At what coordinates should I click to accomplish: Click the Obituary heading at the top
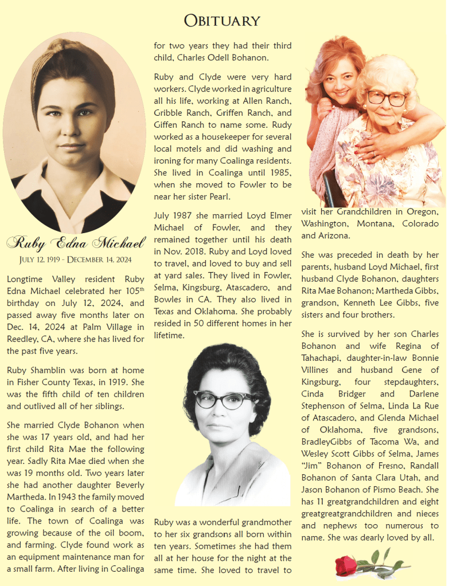pyautogui.click(x=222, y=21)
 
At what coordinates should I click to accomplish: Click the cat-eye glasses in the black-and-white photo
pyautogui.click(x=224, y=400)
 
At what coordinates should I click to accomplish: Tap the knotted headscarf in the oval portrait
pyautogui.click(x=74, y=60)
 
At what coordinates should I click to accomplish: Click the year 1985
pyautogui.click(x=280, y=173)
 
